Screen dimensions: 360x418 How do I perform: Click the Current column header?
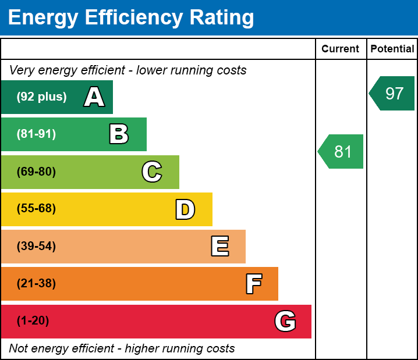tap(341, 49)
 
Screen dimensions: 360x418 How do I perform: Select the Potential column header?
tap(392, 49)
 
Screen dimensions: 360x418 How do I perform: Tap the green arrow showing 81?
tap(342, 152)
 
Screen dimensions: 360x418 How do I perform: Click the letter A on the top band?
tap(94, 97)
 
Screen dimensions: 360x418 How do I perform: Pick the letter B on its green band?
tap(119, 134)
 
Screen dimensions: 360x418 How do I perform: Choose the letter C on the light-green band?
tap(152, 172)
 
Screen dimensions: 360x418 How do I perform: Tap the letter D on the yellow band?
tap(185, 209)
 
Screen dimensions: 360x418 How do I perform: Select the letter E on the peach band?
tap(219, 247)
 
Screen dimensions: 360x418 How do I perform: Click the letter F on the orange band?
tap(253, 284)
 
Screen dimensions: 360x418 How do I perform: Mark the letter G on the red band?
tap(285, 321)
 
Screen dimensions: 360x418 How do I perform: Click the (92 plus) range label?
tap(41, 97)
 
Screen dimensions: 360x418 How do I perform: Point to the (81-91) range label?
tap(36, 134)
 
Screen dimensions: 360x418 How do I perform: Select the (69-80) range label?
tap(36, 172)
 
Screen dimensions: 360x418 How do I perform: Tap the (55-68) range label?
tap(36, 209)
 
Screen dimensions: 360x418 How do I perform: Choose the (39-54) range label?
tap(36, 247)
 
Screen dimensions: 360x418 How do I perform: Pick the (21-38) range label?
tap(36, 284)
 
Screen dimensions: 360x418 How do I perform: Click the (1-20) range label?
tap(33, 321)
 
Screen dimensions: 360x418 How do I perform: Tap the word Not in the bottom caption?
tap(19, 349)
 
